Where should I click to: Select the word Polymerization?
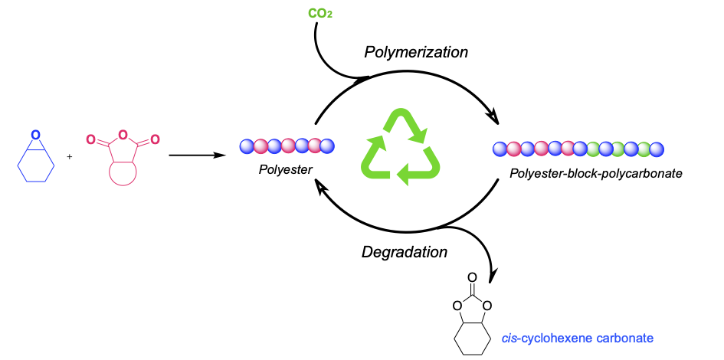point(415,52)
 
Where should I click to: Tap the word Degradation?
point(405,251)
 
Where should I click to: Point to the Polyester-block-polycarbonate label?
point(595,174)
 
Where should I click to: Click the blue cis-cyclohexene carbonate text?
point(578,337)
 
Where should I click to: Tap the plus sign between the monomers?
point(70,157)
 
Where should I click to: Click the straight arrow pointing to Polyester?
point(196,155)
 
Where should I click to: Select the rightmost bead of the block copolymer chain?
point(657,149)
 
